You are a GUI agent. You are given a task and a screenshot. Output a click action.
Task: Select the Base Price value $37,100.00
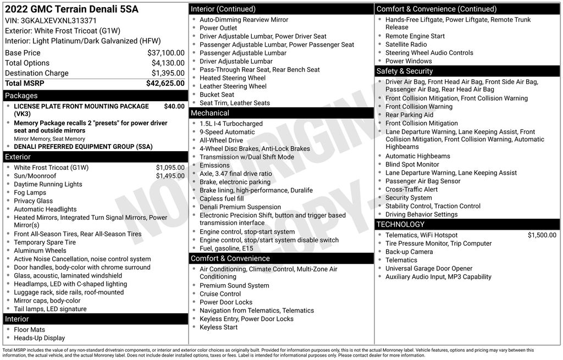pyautogui.click(x=165, y=53)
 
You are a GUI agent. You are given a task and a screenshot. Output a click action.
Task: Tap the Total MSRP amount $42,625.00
pyautogui.click(x=165, y=84)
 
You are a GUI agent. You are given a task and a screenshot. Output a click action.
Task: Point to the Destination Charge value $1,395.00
pyautogui.click(x=168, y=73)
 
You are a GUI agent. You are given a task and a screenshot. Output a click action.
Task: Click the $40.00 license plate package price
pyautogui.click(x=174, y=106)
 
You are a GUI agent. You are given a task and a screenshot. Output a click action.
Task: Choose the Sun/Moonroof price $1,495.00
pyautogui.click(x=170, y=176)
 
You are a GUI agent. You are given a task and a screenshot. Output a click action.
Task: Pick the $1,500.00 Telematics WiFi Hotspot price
pyautogui.click(x=542, y=235)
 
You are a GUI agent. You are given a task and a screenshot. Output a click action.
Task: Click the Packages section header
pyautogui.click(x=21, y=96)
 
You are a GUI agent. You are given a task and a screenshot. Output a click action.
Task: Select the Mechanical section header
pyautogui.click(x=210, y=113)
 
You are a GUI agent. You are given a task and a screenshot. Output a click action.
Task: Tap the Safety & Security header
pyautogui.click(x=405, y=71)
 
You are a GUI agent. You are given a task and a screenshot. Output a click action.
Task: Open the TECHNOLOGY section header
pyautogui.click(x=400, y=224)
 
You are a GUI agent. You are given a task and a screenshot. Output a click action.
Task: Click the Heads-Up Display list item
pyautogui.click(x=39, y=338)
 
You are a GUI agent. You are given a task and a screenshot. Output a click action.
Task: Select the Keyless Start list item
pyautogui.click(x=219, y=327)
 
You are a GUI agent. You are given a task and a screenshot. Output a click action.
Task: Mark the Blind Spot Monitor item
pyautogui.click(x=412, y=164)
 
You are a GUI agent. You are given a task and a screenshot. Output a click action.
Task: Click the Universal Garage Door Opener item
pyautogui.click(x=428, y=269)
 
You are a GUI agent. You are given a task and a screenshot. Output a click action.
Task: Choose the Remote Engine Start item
pyautogui.click(x=415, y=36)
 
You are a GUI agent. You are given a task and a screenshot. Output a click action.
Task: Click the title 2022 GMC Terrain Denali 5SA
pyautogui.click(x=71, y=9)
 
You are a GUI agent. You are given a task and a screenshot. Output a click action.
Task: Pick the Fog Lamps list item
pyautogui.click(x=30, y=192)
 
